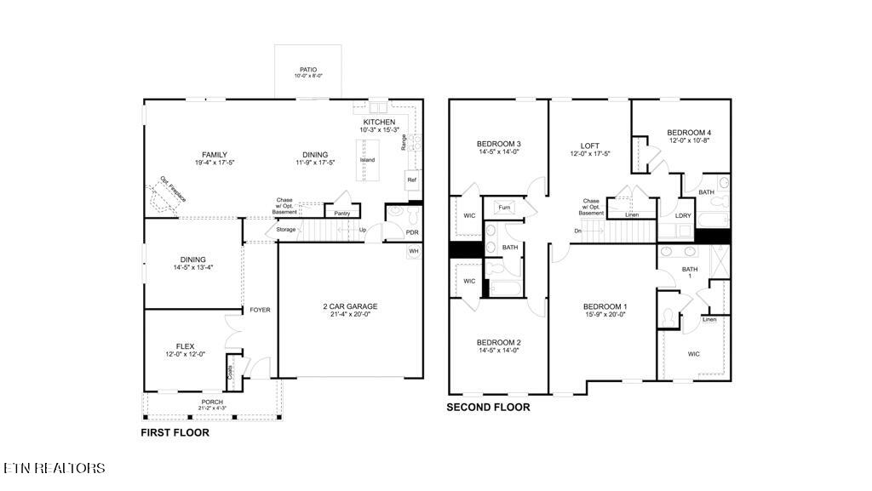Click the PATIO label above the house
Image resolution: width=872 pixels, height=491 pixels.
(x=307, y=70)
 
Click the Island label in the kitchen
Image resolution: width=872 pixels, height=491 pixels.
(x=367, y=160)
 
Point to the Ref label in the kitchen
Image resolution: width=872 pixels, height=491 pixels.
(x=411, y=180)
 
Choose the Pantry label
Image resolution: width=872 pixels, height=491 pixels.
(x=342, y=214)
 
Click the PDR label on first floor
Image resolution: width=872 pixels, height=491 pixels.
(x=412, y=232)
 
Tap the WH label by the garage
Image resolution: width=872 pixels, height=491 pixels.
(x=414, y=251)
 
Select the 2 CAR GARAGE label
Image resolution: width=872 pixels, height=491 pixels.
(x=350, y=306)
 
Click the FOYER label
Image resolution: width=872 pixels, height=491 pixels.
(x=260, y=310)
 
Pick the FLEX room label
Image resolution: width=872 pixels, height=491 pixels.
(x=185, y=346)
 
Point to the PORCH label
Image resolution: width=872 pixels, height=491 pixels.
(x=212, y=402)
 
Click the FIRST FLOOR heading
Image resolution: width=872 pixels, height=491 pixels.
(x=175, y=433)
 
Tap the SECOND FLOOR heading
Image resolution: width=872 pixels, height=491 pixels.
(x=489, y=408)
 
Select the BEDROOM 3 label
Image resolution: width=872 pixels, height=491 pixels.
(x=498, y=144)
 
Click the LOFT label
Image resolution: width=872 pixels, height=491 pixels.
(x=590, y=146)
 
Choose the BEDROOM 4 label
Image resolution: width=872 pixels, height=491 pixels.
(x=688, y=133)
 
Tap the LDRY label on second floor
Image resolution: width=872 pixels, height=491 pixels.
(x=683, y=215)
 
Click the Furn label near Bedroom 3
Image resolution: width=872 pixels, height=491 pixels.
(x=504, y=208)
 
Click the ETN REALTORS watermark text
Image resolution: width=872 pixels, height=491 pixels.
(x=54, y=468)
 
